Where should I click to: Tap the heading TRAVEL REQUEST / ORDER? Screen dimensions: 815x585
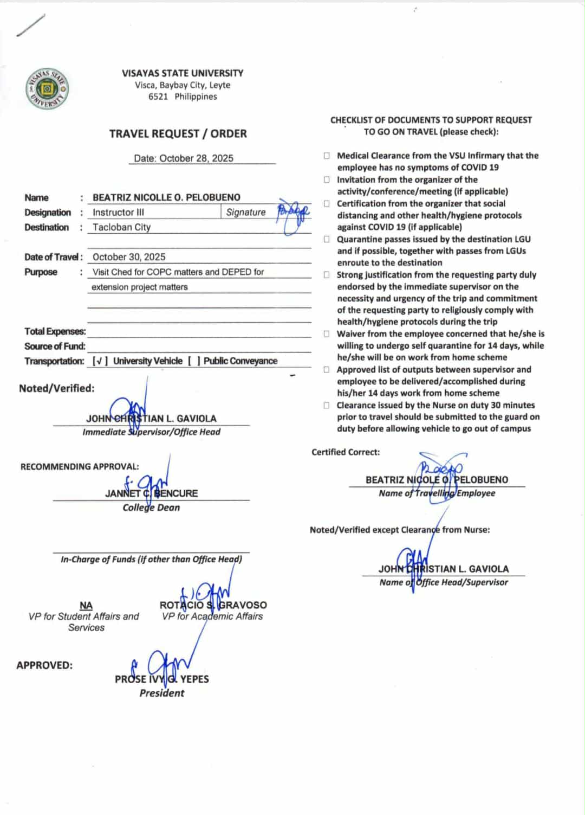(178, 133)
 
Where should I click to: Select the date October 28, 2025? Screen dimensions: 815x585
(184, 158)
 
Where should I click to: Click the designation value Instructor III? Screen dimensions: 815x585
(118, 212)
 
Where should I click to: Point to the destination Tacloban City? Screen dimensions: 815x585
(121, 227)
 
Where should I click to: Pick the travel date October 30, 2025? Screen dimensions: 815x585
(129, 257)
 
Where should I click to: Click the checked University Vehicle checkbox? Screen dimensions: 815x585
(100, 361)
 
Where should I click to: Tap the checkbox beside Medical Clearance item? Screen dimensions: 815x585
(327, 156)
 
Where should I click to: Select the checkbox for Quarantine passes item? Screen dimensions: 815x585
(327, 239)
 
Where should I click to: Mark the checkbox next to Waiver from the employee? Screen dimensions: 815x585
(327, 334)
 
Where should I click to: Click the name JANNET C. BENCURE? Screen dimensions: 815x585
(151, 493)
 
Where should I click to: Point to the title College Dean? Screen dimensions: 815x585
(151, 508)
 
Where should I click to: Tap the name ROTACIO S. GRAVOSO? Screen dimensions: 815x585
(213, 605)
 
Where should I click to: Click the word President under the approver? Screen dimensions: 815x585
(161, 693)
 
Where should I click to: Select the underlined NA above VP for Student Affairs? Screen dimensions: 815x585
(86, 605)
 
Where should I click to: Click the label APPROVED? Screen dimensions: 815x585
(44, 665)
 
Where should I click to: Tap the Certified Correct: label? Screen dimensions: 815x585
(346, 452)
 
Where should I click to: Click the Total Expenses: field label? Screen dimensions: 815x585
(55, 331)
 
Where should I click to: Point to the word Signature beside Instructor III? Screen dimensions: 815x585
(246, 212)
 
